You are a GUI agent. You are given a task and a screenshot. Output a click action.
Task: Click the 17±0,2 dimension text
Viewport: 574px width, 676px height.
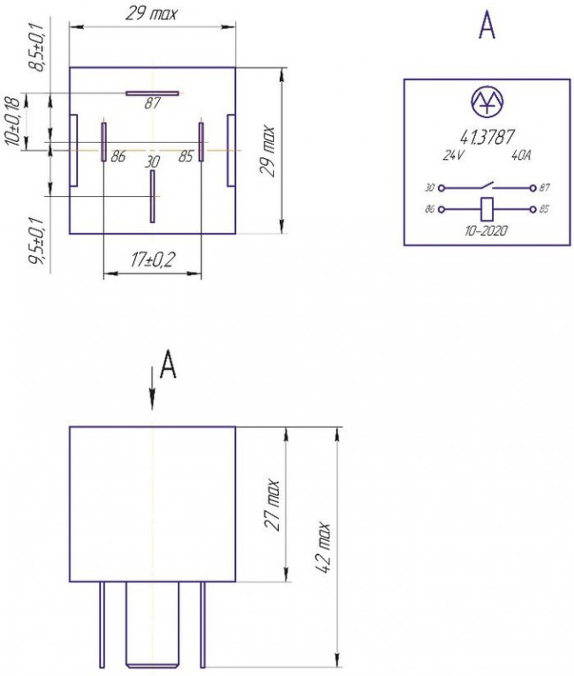coord(153,260)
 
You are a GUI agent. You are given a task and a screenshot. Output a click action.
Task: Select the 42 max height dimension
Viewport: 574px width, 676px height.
coord(322,547)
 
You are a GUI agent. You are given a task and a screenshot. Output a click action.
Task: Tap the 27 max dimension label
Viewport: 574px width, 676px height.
coord(272,505)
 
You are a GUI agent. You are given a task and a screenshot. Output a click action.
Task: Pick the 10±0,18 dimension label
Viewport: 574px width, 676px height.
coord(13,123)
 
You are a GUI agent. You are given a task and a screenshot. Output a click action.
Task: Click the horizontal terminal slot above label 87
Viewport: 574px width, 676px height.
coord(152,94)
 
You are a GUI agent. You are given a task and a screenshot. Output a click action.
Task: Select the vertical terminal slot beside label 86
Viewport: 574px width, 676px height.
coord(104,142)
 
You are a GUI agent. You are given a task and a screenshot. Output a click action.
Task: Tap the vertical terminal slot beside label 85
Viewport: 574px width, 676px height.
coord(201,142)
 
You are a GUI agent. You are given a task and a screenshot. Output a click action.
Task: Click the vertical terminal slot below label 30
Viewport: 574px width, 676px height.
coord(152,197)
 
